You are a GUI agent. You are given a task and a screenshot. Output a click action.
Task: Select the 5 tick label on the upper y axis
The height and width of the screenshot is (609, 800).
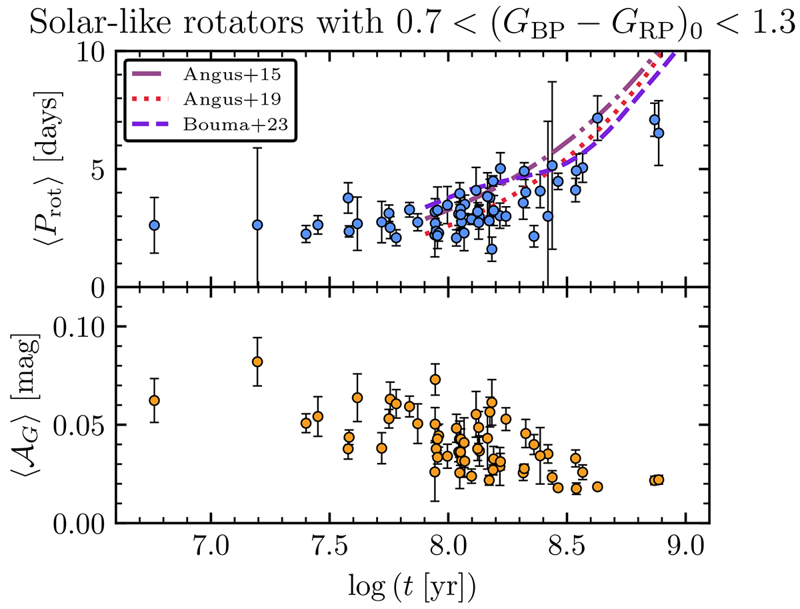click(100, 169)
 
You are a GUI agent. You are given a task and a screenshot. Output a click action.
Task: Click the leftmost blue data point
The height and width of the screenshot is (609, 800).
click(154, 225)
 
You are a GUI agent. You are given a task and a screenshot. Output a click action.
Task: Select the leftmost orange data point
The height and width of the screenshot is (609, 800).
click(154, 400)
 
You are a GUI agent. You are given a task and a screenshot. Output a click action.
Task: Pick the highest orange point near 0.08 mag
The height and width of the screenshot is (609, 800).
click(257, 362)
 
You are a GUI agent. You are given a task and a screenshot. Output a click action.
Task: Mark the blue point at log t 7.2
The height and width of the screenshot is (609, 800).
click(257, 225)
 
